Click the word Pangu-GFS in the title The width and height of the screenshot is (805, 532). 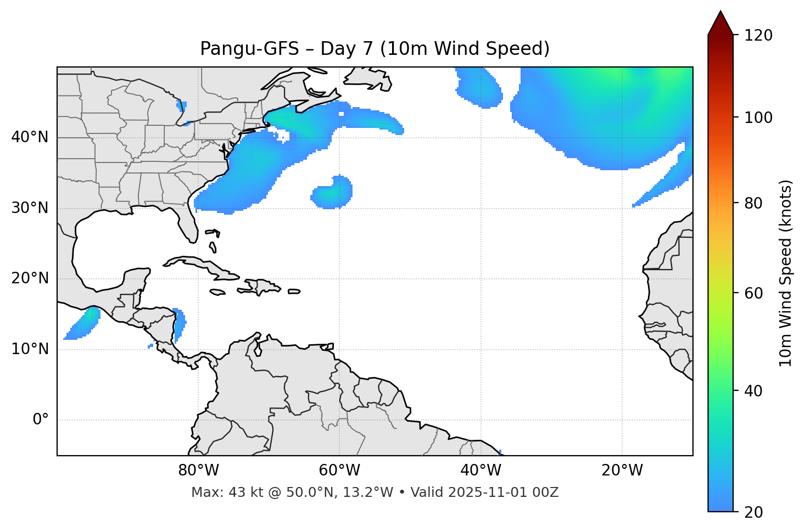pos(249,49)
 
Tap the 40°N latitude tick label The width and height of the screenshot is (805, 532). pos(30,137)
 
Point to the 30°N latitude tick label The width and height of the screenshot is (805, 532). pos(30,208)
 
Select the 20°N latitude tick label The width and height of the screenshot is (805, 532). pos(30,278)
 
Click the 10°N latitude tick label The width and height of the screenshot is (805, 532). pos(30,349)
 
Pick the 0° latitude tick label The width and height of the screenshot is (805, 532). pos(41,420)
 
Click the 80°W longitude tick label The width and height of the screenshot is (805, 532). pos(198,471)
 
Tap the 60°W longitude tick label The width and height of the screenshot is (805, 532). pos(339,471)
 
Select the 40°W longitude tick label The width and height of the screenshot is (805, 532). pos(480,471)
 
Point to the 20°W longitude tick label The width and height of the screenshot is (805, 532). pos(622,471)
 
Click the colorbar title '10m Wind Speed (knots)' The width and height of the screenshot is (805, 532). pos(786,273)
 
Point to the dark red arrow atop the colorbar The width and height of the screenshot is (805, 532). pos(720,23)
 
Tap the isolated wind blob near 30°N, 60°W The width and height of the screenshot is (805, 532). pos(332,193)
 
